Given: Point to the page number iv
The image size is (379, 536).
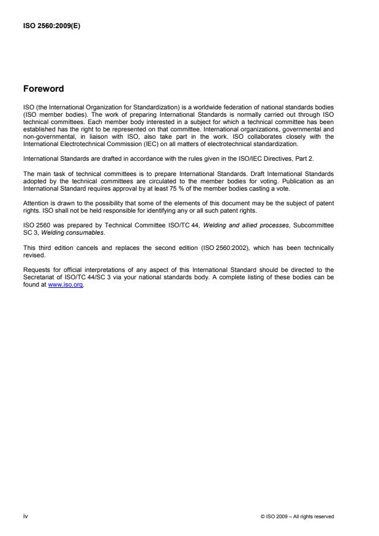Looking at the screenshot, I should click(x=25, y=516).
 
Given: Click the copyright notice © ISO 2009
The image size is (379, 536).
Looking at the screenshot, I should click(x=297, y=517).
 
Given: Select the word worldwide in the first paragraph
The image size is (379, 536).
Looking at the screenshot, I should click(x=192, y=106).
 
